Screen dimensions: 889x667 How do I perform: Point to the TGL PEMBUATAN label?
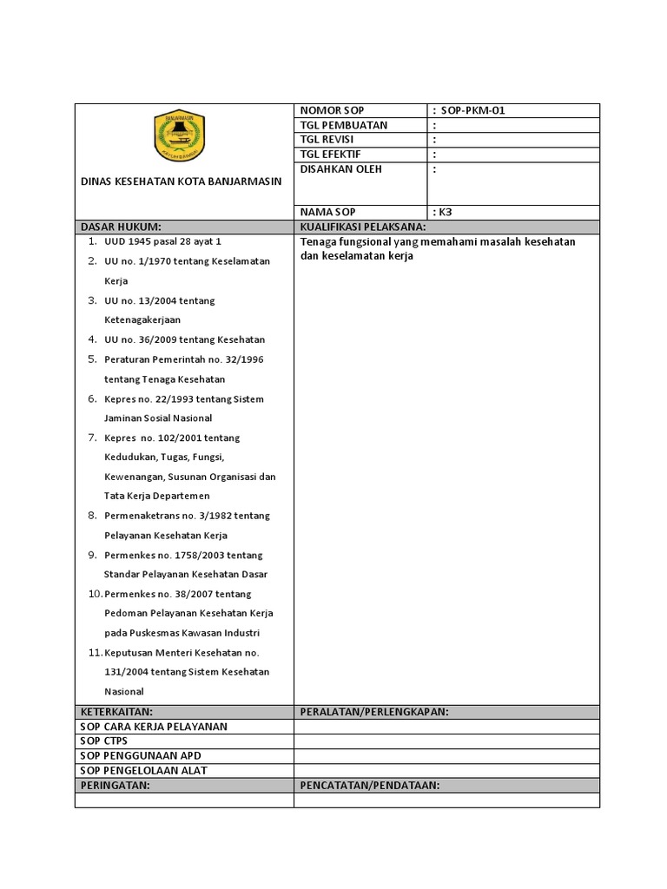[x=343, y=125]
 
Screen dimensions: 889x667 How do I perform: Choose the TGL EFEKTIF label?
[x=330, y=154]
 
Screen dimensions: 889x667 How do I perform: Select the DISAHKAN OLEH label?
[x=340, y=168]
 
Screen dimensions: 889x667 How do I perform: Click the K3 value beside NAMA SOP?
[x=445, y=212]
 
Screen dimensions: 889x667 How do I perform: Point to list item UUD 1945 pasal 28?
[x=162, y=241]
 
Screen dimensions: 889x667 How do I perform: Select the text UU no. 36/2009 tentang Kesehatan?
[x=184, y=339]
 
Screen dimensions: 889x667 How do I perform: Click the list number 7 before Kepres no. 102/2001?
[x=92, y=438]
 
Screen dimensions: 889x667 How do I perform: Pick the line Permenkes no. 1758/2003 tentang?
[x=183, y=555]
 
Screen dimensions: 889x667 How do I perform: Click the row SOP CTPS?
[x=103, y=741]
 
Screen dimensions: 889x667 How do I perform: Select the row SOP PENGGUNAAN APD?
[x=140, y=755]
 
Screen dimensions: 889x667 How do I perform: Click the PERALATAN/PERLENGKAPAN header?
[x=373, y=712]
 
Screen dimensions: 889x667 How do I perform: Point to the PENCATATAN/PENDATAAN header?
[x=370, y=786]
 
